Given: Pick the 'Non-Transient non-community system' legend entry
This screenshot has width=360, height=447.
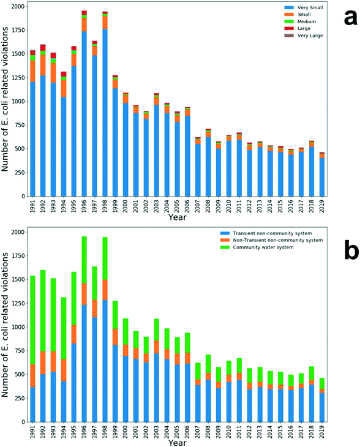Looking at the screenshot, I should tap(279, 240).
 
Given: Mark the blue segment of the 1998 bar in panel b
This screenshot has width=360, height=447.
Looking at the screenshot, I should tap(105, 361).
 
